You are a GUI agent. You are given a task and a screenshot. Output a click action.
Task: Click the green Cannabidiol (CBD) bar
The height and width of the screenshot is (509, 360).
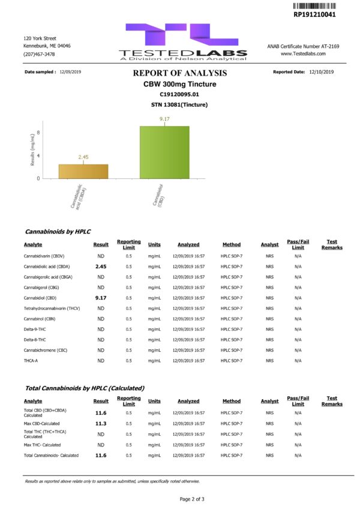(x=164, y=152)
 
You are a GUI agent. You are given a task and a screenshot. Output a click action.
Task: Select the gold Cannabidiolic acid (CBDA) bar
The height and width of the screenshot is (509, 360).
(x=83, y=171)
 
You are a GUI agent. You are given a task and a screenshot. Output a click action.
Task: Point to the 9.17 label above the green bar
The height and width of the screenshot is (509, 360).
(x=164, y=119)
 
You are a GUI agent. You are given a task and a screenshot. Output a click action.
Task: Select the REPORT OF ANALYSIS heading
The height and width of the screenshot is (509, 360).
(x=179, y=73)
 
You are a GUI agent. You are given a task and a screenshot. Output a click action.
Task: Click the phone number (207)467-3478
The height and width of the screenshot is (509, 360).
(x=39, y=54)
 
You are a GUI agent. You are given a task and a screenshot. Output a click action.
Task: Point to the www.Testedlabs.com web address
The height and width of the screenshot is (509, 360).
(x=303, y=53)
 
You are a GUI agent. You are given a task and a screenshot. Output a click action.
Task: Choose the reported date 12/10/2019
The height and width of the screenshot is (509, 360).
(x=322, y=72)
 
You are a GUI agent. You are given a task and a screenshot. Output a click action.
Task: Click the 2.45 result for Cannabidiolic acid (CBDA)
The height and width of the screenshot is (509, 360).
(x=101, y=267)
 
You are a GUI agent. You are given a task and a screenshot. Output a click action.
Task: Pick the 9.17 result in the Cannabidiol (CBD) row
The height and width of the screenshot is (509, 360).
(x=101, y=298)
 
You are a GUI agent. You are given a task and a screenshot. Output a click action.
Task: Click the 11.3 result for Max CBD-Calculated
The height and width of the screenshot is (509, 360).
(x=101, y=423)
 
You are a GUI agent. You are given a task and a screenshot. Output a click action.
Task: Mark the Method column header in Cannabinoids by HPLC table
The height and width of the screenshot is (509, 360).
(x=231, y=245)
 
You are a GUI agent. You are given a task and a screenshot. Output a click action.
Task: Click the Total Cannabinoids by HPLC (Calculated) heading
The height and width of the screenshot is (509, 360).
(x=84, y=388)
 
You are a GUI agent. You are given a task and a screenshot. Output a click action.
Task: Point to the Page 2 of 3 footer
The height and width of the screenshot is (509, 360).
(x=192, y=499)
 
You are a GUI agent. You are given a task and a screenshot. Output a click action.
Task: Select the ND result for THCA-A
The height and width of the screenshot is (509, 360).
(x=101, y=360)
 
